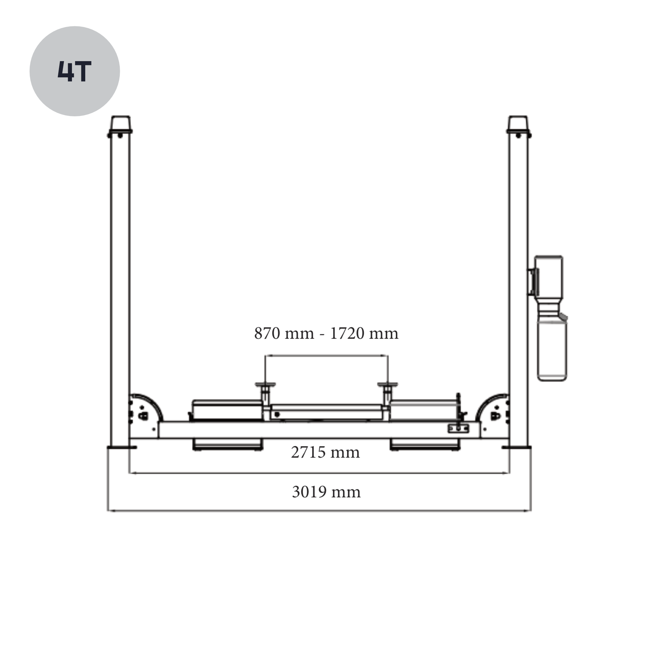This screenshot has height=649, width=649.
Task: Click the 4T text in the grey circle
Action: (74, 71)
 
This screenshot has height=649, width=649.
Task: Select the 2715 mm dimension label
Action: (325, 453)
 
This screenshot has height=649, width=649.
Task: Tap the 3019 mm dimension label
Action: (326, 492)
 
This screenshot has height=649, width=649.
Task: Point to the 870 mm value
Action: (284, 334)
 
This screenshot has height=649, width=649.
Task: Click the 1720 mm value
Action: (364, 334)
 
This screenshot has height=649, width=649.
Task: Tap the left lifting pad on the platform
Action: (265, 385)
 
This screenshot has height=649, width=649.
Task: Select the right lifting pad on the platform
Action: (388, 385)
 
